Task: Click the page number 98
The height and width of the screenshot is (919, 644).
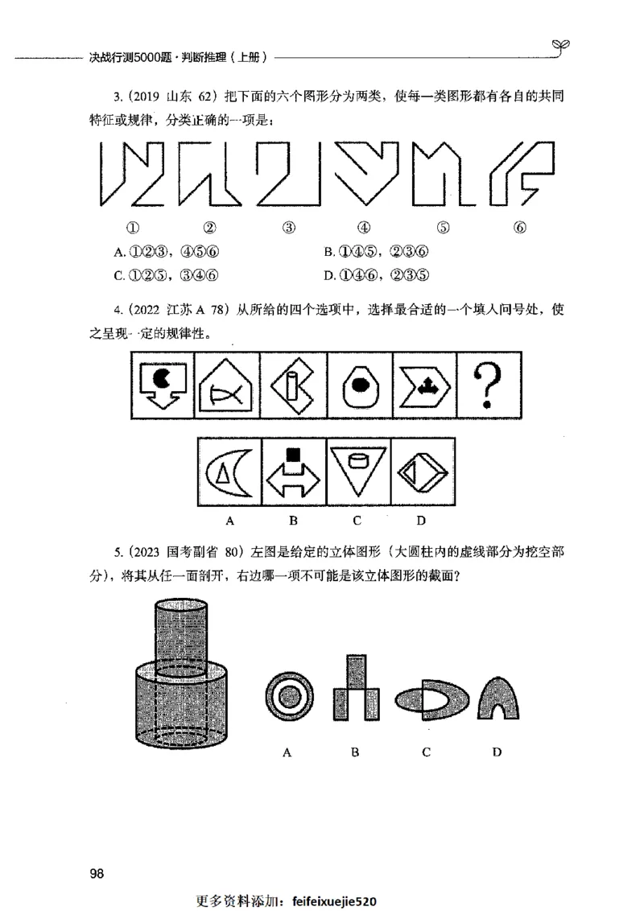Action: click(x=97, y=874)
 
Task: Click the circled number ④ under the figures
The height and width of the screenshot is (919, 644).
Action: click(x=364, y=228)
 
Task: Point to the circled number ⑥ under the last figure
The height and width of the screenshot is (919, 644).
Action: click(x=519, y=228)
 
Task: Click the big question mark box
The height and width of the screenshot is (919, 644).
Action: click(x=488, y=384)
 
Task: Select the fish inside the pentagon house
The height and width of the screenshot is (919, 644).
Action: click(x=225, y=394)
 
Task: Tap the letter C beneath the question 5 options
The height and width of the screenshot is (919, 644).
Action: click(x=426, y=752)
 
